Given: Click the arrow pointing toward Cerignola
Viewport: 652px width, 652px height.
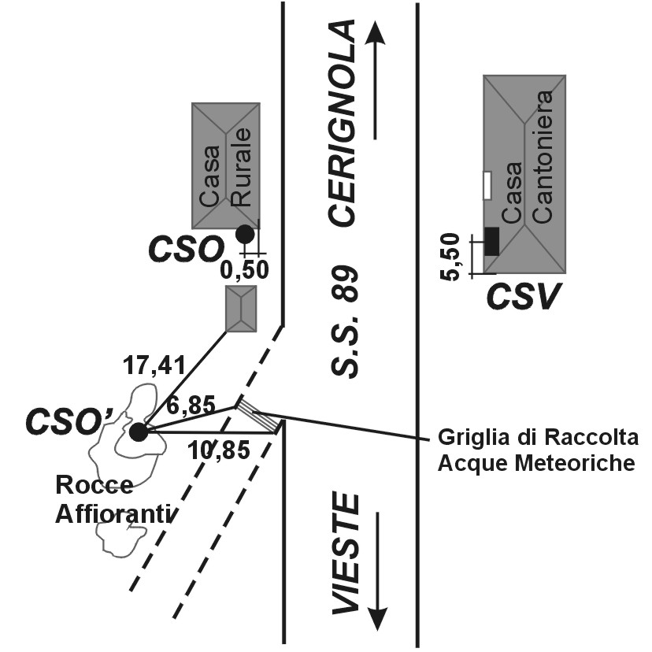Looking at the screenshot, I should [376, 80].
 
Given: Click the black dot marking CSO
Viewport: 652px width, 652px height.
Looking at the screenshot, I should [245, 234].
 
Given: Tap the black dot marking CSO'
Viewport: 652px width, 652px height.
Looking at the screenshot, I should [139, 432].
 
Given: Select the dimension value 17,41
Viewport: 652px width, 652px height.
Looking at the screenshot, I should [154, 365].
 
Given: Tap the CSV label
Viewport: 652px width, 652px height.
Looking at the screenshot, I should [522, 298].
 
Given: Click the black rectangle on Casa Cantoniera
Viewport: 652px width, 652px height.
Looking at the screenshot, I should [491, 240].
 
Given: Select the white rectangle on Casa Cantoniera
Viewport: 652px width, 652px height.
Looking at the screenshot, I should [487, 185].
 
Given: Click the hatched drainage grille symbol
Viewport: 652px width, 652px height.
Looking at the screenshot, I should [259, 416].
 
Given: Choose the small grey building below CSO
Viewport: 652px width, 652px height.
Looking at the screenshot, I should [241, 309].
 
